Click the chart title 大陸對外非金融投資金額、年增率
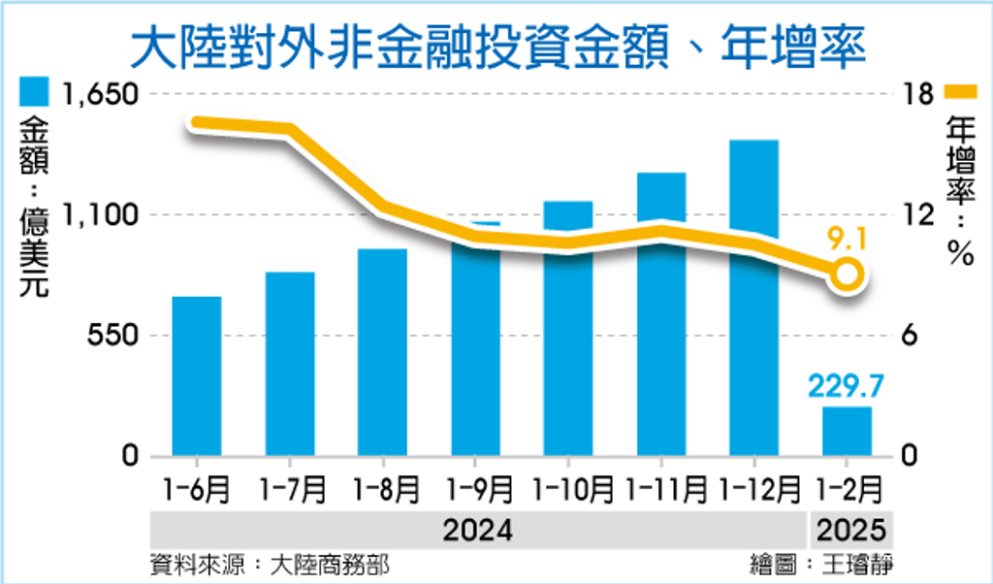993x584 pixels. (497, 49)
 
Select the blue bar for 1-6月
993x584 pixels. (197, 376)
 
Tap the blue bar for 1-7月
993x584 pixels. (290, 364)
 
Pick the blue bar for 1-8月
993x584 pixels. (382, 352)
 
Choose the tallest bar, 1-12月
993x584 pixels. (753, 298)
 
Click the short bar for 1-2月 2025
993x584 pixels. (847, 432)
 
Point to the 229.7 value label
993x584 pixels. (846, 385)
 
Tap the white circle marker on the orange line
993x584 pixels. (848, 276)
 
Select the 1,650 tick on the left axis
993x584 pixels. (100, 94)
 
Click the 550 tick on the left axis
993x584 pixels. (112, 336)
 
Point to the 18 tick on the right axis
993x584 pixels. (919, 94)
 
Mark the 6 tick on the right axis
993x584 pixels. (910, 336)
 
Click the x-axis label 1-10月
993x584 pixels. (573, 490)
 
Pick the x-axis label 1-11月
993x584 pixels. (666, 490)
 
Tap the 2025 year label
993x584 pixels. (851, 531)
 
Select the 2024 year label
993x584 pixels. (477, 531)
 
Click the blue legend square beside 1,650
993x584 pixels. (34, 92)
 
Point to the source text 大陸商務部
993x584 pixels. (330, 565)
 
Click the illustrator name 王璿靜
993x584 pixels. (858, 565)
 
